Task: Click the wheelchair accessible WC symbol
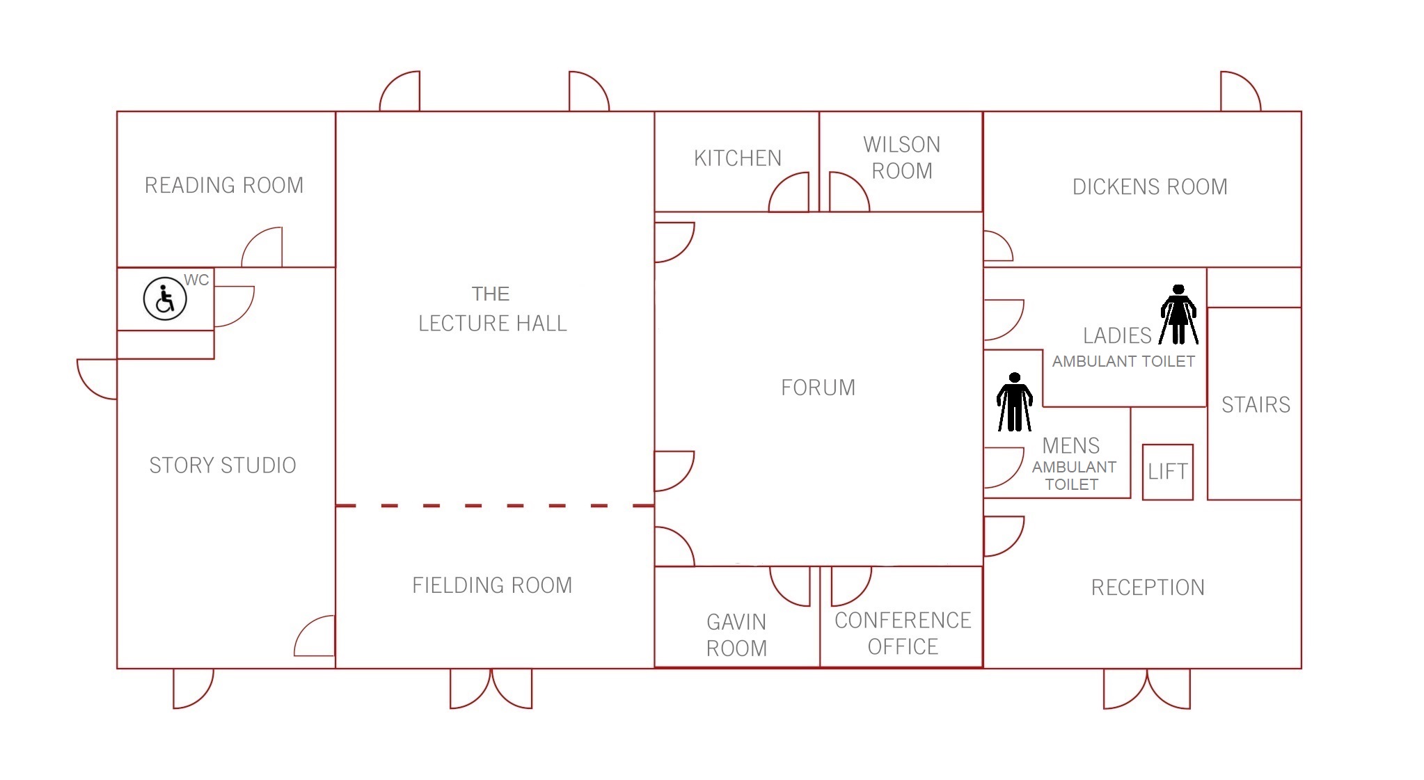[165, 299]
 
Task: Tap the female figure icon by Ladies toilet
[1178, 315]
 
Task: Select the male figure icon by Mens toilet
[1014, 402]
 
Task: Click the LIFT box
[1167, 472]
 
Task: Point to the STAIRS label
[1255, 404]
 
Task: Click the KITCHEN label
[737, 158]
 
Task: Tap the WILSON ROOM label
[901, 158]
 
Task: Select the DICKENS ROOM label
[1149, 186]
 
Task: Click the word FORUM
[818, 387]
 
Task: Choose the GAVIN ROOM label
[736, 635]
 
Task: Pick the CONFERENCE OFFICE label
[902, 633]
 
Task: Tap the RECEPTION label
[1147, 587]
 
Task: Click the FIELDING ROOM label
[492, 585]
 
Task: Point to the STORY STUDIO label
[223, 465]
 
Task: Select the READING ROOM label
[224, 185]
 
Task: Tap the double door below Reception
[1146, 689]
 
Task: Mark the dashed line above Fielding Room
[494, 506]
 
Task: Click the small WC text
[196, 280]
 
